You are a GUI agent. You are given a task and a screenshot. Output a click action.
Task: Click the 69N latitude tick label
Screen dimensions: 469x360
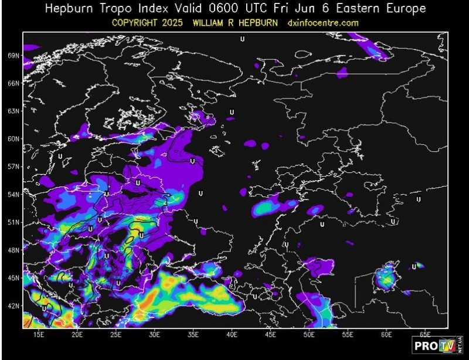coord(13,56)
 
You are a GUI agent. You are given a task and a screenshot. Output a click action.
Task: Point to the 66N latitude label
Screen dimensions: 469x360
coord(13,83)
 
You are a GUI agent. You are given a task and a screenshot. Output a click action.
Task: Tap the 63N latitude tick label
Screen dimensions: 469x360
coord(13,111)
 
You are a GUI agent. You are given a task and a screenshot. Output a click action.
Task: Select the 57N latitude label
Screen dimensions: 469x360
coord(13,167)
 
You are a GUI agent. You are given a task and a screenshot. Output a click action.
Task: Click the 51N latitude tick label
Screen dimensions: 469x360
coord(13,222)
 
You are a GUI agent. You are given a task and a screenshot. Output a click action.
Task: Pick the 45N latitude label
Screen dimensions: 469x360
coord(13,278)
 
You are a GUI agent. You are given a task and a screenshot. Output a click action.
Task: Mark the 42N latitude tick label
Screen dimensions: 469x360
coord(13,305)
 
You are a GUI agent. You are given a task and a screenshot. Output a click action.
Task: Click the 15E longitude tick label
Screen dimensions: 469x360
coord(39,334)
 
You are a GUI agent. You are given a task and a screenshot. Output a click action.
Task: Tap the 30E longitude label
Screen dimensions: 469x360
coord(155,334)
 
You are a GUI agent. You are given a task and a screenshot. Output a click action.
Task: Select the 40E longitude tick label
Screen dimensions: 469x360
coord(232,334)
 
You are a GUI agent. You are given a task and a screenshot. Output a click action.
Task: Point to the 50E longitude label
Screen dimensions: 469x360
coord(310,334)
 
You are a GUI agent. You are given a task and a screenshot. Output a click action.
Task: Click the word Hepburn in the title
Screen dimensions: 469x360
coord(71,9)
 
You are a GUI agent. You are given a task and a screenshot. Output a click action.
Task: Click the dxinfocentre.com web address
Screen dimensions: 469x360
coord(322,23)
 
